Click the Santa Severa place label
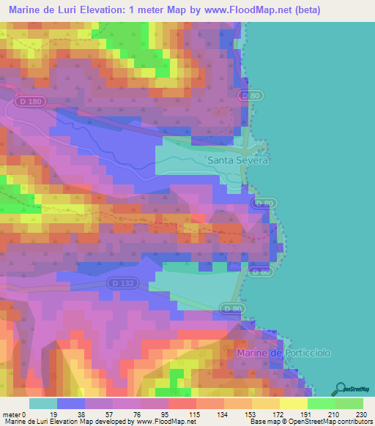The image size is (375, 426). click(x=238, y=160)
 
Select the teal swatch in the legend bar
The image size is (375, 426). click(x=42, y=403)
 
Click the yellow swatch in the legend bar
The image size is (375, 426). click(x=292, y=403)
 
